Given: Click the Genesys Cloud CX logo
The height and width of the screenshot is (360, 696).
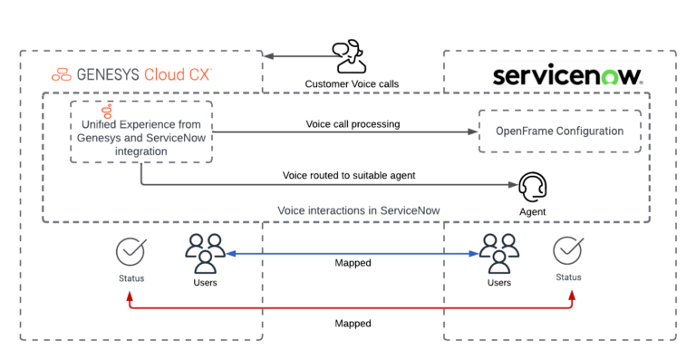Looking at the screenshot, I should [x=131, y=74].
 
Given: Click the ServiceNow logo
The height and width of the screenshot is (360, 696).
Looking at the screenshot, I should [x=567, y=74].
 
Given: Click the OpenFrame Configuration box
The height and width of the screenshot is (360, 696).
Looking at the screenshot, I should [x=559, y=131].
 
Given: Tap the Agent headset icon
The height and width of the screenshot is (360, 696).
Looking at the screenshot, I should [x=532, y=189].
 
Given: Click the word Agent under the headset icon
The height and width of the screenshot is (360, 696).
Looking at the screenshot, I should [x=532, y=213].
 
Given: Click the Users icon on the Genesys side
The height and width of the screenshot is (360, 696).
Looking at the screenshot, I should [x=205, y=253].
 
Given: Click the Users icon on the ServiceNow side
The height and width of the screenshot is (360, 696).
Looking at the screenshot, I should [x=499, y=253].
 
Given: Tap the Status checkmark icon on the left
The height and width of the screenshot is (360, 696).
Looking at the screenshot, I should [x=131, y=250].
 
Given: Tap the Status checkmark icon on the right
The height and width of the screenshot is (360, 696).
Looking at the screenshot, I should [x=568, y=248].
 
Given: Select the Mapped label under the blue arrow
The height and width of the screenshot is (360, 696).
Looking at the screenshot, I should [x=353, y=263].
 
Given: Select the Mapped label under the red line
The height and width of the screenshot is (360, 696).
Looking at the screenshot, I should [x=353, y=323].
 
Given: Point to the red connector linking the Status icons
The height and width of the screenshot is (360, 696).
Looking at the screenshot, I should [x=353, y=308].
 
